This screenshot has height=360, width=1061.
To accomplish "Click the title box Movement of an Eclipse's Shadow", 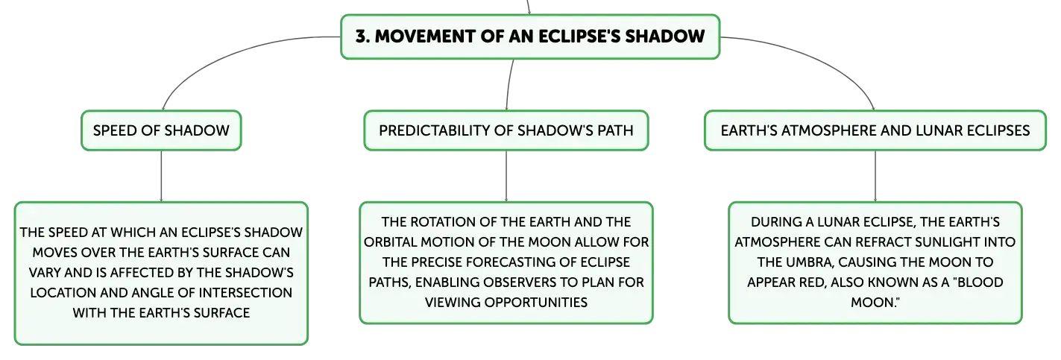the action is [530, 37].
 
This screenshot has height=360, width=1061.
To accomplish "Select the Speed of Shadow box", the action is [161, 130].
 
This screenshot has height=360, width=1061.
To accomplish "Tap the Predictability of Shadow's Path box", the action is [506, 130].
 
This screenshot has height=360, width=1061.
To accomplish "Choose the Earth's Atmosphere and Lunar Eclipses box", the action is [875, 130].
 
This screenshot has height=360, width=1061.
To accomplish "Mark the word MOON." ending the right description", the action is [875, 302].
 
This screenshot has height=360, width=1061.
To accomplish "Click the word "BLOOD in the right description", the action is [980, 282].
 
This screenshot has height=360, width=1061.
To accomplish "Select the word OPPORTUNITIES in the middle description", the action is [535, 302].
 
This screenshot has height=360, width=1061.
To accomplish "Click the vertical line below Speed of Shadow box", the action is [161, 176].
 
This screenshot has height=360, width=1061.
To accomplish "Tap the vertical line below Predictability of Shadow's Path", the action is [506, 176].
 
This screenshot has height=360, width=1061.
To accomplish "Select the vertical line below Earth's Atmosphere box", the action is [875, 176].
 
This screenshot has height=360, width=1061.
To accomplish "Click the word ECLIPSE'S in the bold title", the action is [579, 37].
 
